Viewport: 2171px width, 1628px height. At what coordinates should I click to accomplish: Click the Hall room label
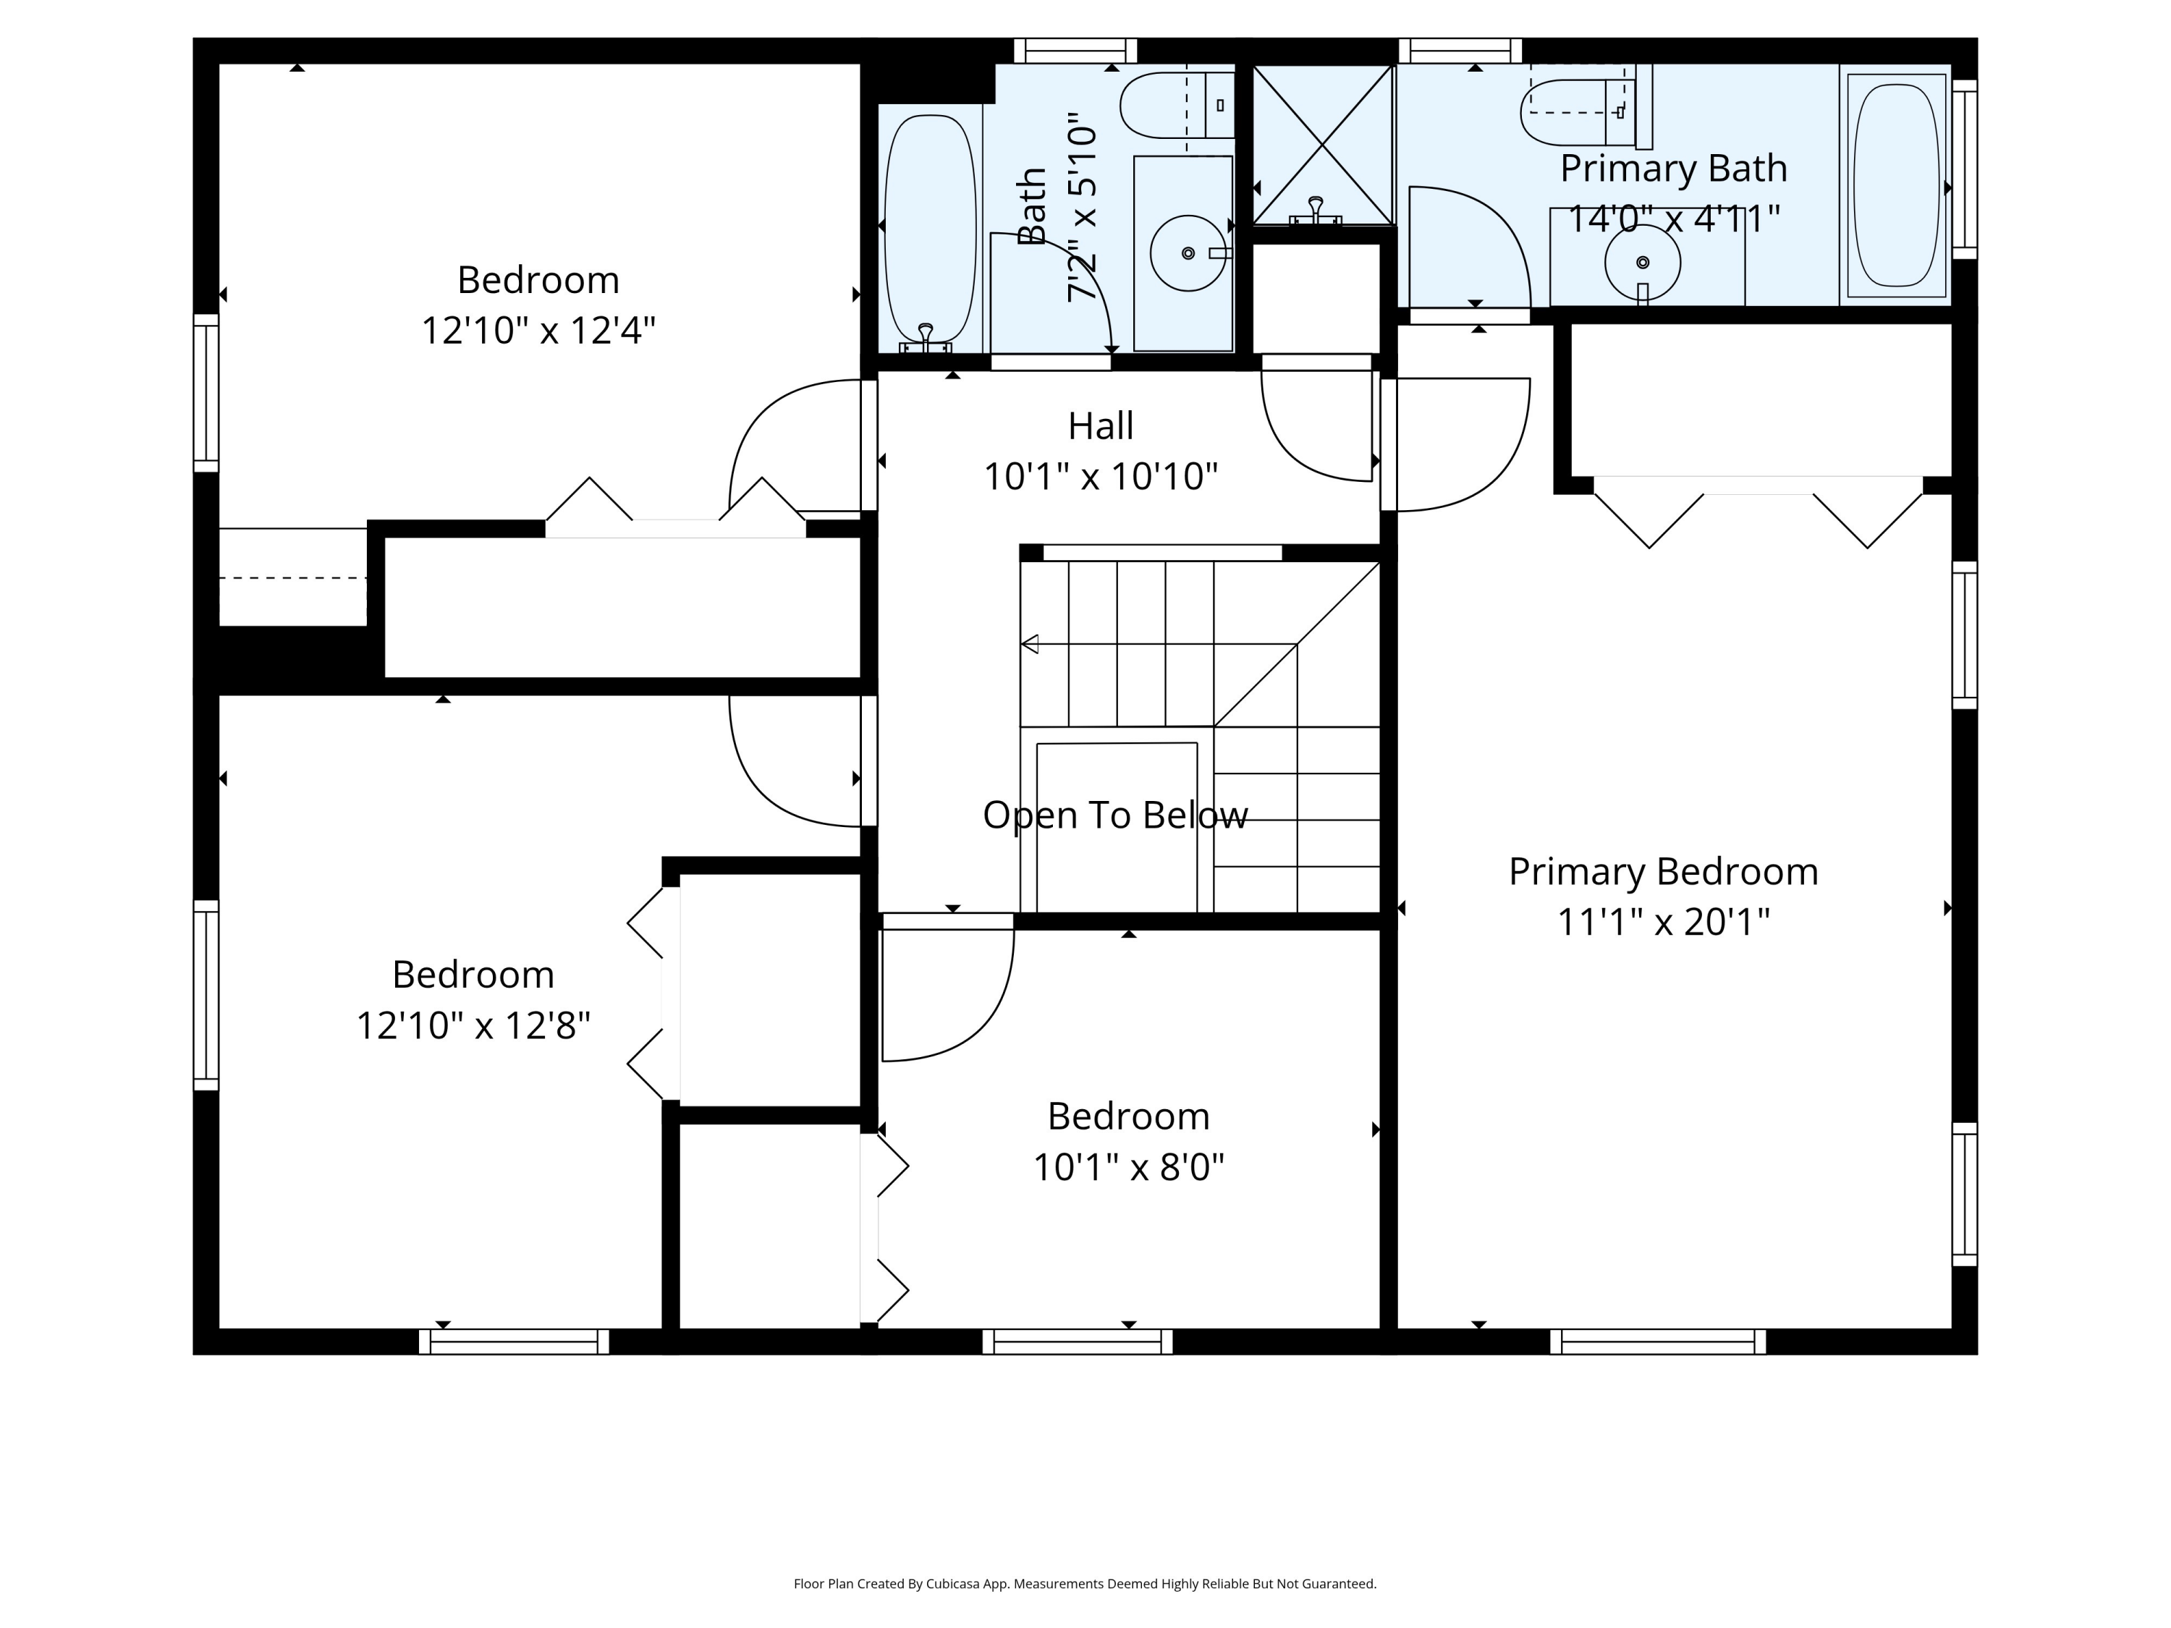click(x=1100, y=426)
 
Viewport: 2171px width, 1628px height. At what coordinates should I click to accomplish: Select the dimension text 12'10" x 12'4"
click(x=538, y=331)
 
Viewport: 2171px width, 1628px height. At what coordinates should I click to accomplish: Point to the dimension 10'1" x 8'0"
click(x=1129, y=1167)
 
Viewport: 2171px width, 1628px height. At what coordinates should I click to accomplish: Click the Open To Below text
click(x=1115, y=815)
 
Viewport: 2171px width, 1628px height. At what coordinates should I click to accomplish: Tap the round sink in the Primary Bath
click(x=1642, y=262)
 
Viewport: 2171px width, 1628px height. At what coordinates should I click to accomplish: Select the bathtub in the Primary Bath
click(x=1896, y=185)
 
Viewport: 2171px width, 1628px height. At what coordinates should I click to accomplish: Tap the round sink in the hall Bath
click(x=1188, y=253)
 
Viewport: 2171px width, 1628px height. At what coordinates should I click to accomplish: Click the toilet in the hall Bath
click(x=1177, y=105)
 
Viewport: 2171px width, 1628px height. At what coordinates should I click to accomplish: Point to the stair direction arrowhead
click(x=1030, y=645)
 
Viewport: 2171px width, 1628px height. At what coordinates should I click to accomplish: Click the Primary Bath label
click(x=1673, y=168)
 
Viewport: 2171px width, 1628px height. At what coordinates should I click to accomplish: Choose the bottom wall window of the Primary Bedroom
click(x=1658, y=1341)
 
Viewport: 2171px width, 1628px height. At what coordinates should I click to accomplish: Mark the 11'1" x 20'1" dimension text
click(x=1664, y=922)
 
